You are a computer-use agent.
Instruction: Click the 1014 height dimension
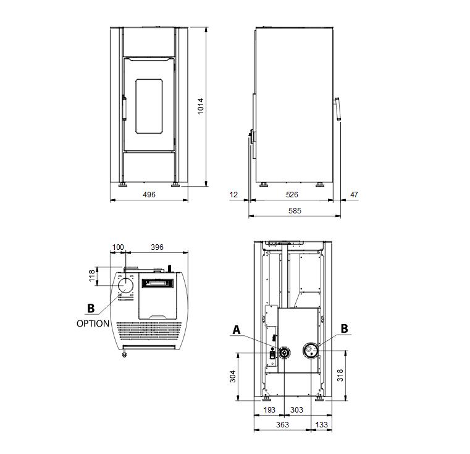pos(201,106)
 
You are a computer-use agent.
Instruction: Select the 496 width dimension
pos(149,195)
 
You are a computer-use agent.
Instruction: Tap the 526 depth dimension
pos(292,195)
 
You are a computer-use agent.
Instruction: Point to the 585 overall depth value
pos(295,210)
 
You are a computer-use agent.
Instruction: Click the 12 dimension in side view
pos(233,195)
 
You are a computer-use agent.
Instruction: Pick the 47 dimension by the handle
pos(354,195)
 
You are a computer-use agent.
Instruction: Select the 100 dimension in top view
pos(118,247)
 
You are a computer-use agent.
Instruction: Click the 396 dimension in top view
pos(157,247)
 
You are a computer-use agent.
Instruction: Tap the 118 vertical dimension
pos(92,276)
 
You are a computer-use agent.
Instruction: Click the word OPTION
pos(93,323)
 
